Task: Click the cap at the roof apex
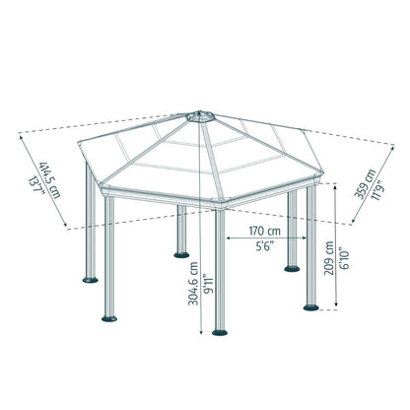(x=201, y=115)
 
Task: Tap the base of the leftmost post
(x=90, y=279)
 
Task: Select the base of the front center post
(x=219, y=331)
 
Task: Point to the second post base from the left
(x=109, y=317)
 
